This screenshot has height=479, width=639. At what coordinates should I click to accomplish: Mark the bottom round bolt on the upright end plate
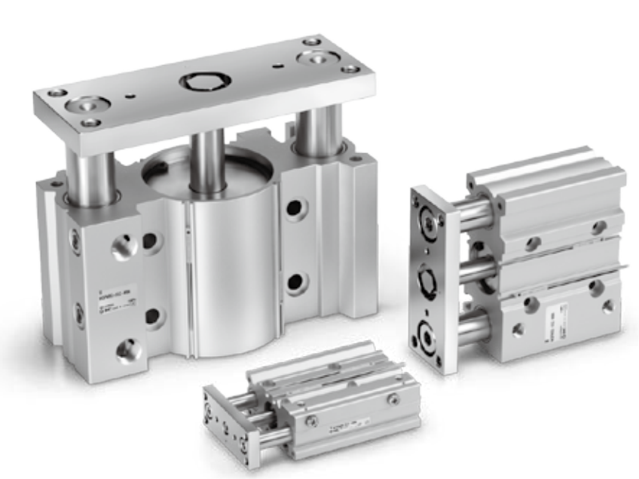pyautogui.click(x=433, y=332)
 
